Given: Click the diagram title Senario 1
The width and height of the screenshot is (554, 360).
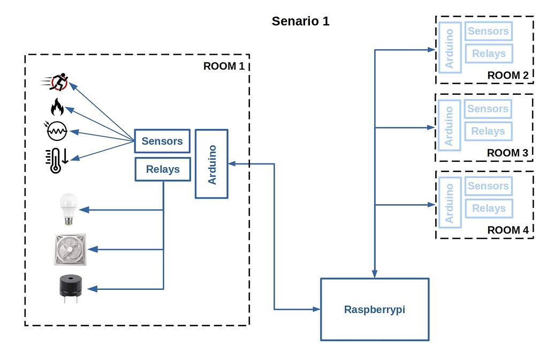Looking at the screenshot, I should pyautogui.click(x=300, y=21).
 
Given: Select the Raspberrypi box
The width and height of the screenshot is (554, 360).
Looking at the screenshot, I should pyautogui.click(x=375, y=309).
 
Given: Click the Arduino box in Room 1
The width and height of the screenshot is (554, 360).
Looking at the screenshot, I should pyautogui.click(x=212, y=163).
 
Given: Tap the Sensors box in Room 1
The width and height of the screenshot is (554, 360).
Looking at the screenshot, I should pyautogui.click(x=162, y=141).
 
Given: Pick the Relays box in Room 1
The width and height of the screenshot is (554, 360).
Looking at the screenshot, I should pyautogui.click(x=163, y=169).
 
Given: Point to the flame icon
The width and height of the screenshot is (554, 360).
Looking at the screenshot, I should pyautogui.click(x=57, y=107).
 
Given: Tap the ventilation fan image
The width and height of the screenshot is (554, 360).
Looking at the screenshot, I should pyautogui.click(x=70, y=249).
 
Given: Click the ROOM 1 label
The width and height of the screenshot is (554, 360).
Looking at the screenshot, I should pyautogui.click(x=224, y=66).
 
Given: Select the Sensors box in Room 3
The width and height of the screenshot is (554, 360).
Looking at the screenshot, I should pyautogui.click(x=488, y=109).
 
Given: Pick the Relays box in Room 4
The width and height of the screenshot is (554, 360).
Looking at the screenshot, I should pyautogui.click(x=488, y=208).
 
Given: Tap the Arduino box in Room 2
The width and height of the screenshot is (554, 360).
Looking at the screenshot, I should pyautogui.click(x=449, y=48).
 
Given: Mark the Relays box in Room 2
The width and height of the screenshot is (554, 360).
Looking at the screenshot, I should pyautogui.click(x=488, y=54).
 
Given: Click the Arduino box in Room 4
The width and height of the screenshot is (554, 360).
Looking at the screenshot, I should pyautogui.click(x=449, y=203).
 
